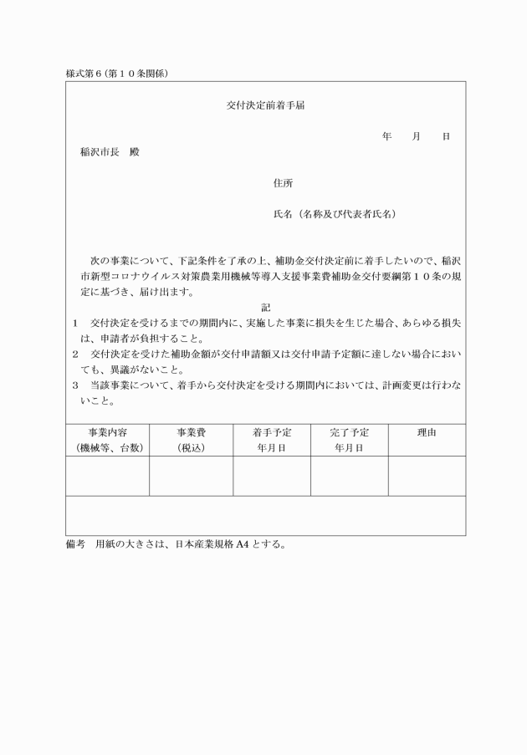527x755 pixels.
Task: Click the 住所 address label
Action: (x=283, y=183)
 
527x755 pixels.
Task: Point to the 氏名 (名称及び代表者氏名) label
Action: (x=335, y=214)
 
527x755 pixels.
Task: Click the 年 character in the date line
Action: (x=386, y=136)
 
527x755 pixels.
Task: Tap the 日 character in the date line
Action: (x=446, y=136)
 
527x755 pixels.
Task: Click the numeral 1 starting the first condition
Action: (x=74, y=323)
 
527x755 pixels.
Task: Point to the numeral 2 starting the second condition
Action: (x=74, y=354)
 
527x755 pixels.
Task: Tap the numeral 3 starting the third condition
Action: (x=74, y=385)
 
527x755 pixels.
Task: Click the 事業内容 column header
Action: (x=107, y=432)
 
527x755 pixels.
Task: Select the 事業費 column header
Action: (x=191, y=432)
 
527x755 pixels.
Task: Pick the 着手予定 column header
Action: (x=272, y=432)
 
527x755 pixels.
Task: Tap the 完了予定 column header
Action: (x=349, y=432)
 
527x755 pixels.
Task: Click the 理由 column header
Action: (x=427, y=432)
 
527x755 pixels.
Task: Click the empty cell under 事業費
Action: (x=191, y=476)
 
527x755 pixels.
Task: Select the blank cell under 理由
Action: (x=427, y=476)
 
